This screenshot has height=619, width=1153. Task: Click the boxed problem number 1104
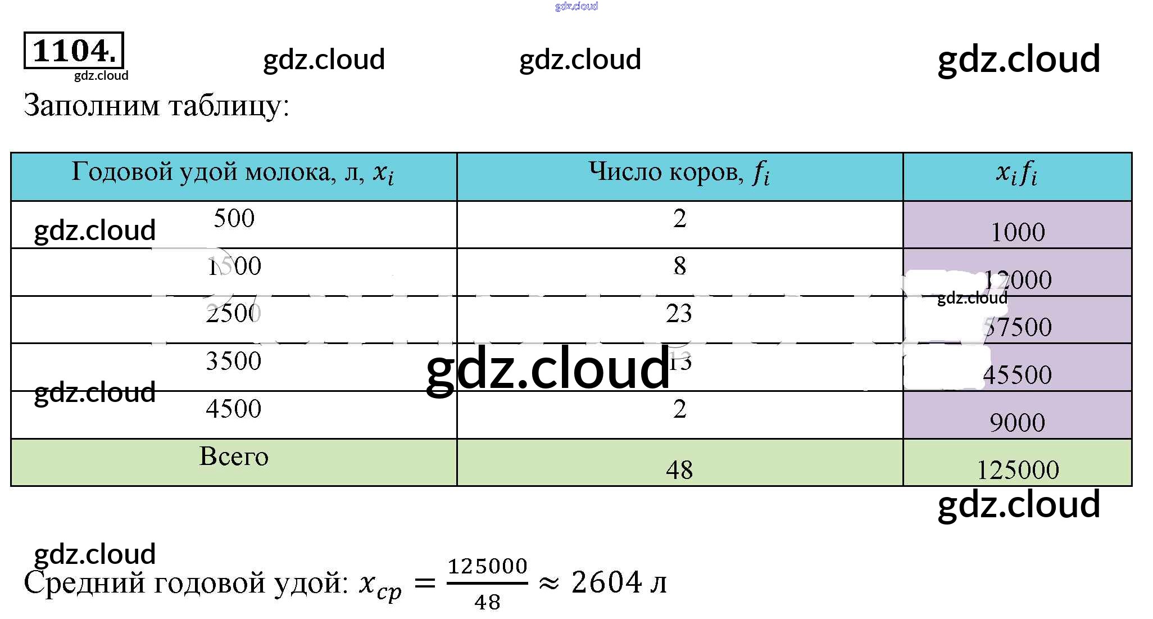74,51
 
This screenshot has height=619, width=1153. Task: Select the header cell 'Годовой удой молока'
233,172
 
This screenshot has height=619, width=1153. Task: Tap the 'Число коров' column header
679,172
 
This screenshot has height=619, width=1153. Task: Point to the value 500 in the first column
234,218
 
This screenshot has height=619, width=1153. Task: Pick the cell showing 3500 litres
234,361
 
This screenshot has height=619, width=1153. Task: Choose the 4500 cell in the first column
234,409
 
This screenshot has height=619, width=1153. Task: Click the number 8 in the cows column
679,266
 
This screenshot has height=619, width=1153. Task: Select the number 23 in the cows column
679,314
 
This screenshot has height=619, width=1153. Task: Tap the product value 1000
1017,232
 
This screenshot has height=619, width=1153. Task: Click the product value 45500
1017,375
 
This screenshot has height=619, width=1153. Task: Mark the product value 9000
1017,423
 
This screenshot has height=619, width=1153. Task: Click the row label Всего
234,457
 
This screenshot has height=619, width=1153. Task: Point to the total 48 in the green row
679,470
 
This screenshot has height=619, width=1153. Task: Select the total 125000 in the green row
1017,470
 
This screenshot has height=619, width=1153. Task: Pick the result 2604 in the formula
606,582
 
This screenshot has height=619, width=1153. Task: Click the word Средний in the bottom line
84,583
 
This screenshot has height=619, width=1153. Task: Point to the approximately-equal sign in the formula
548,584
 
